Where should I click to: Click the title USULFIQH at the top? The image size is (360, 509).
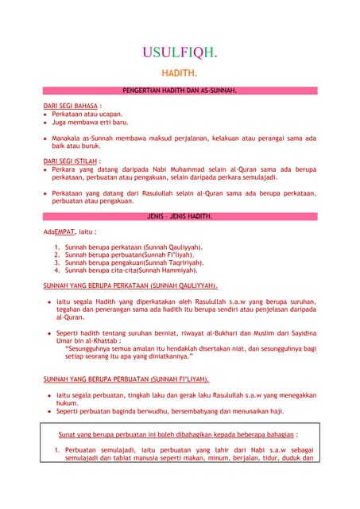179,53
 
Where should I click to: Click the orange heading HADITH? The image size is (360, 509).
179,73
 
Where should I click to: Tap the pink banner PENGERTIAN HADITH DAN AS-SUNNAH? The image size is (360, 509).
180,92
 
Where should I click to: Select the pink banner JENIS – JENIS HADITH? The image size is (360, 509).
180,216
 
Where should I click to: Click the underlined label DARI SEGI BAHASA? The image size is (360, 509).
72,106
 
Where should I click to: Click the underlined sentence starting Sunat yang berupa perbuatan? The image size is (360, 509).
178,435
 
